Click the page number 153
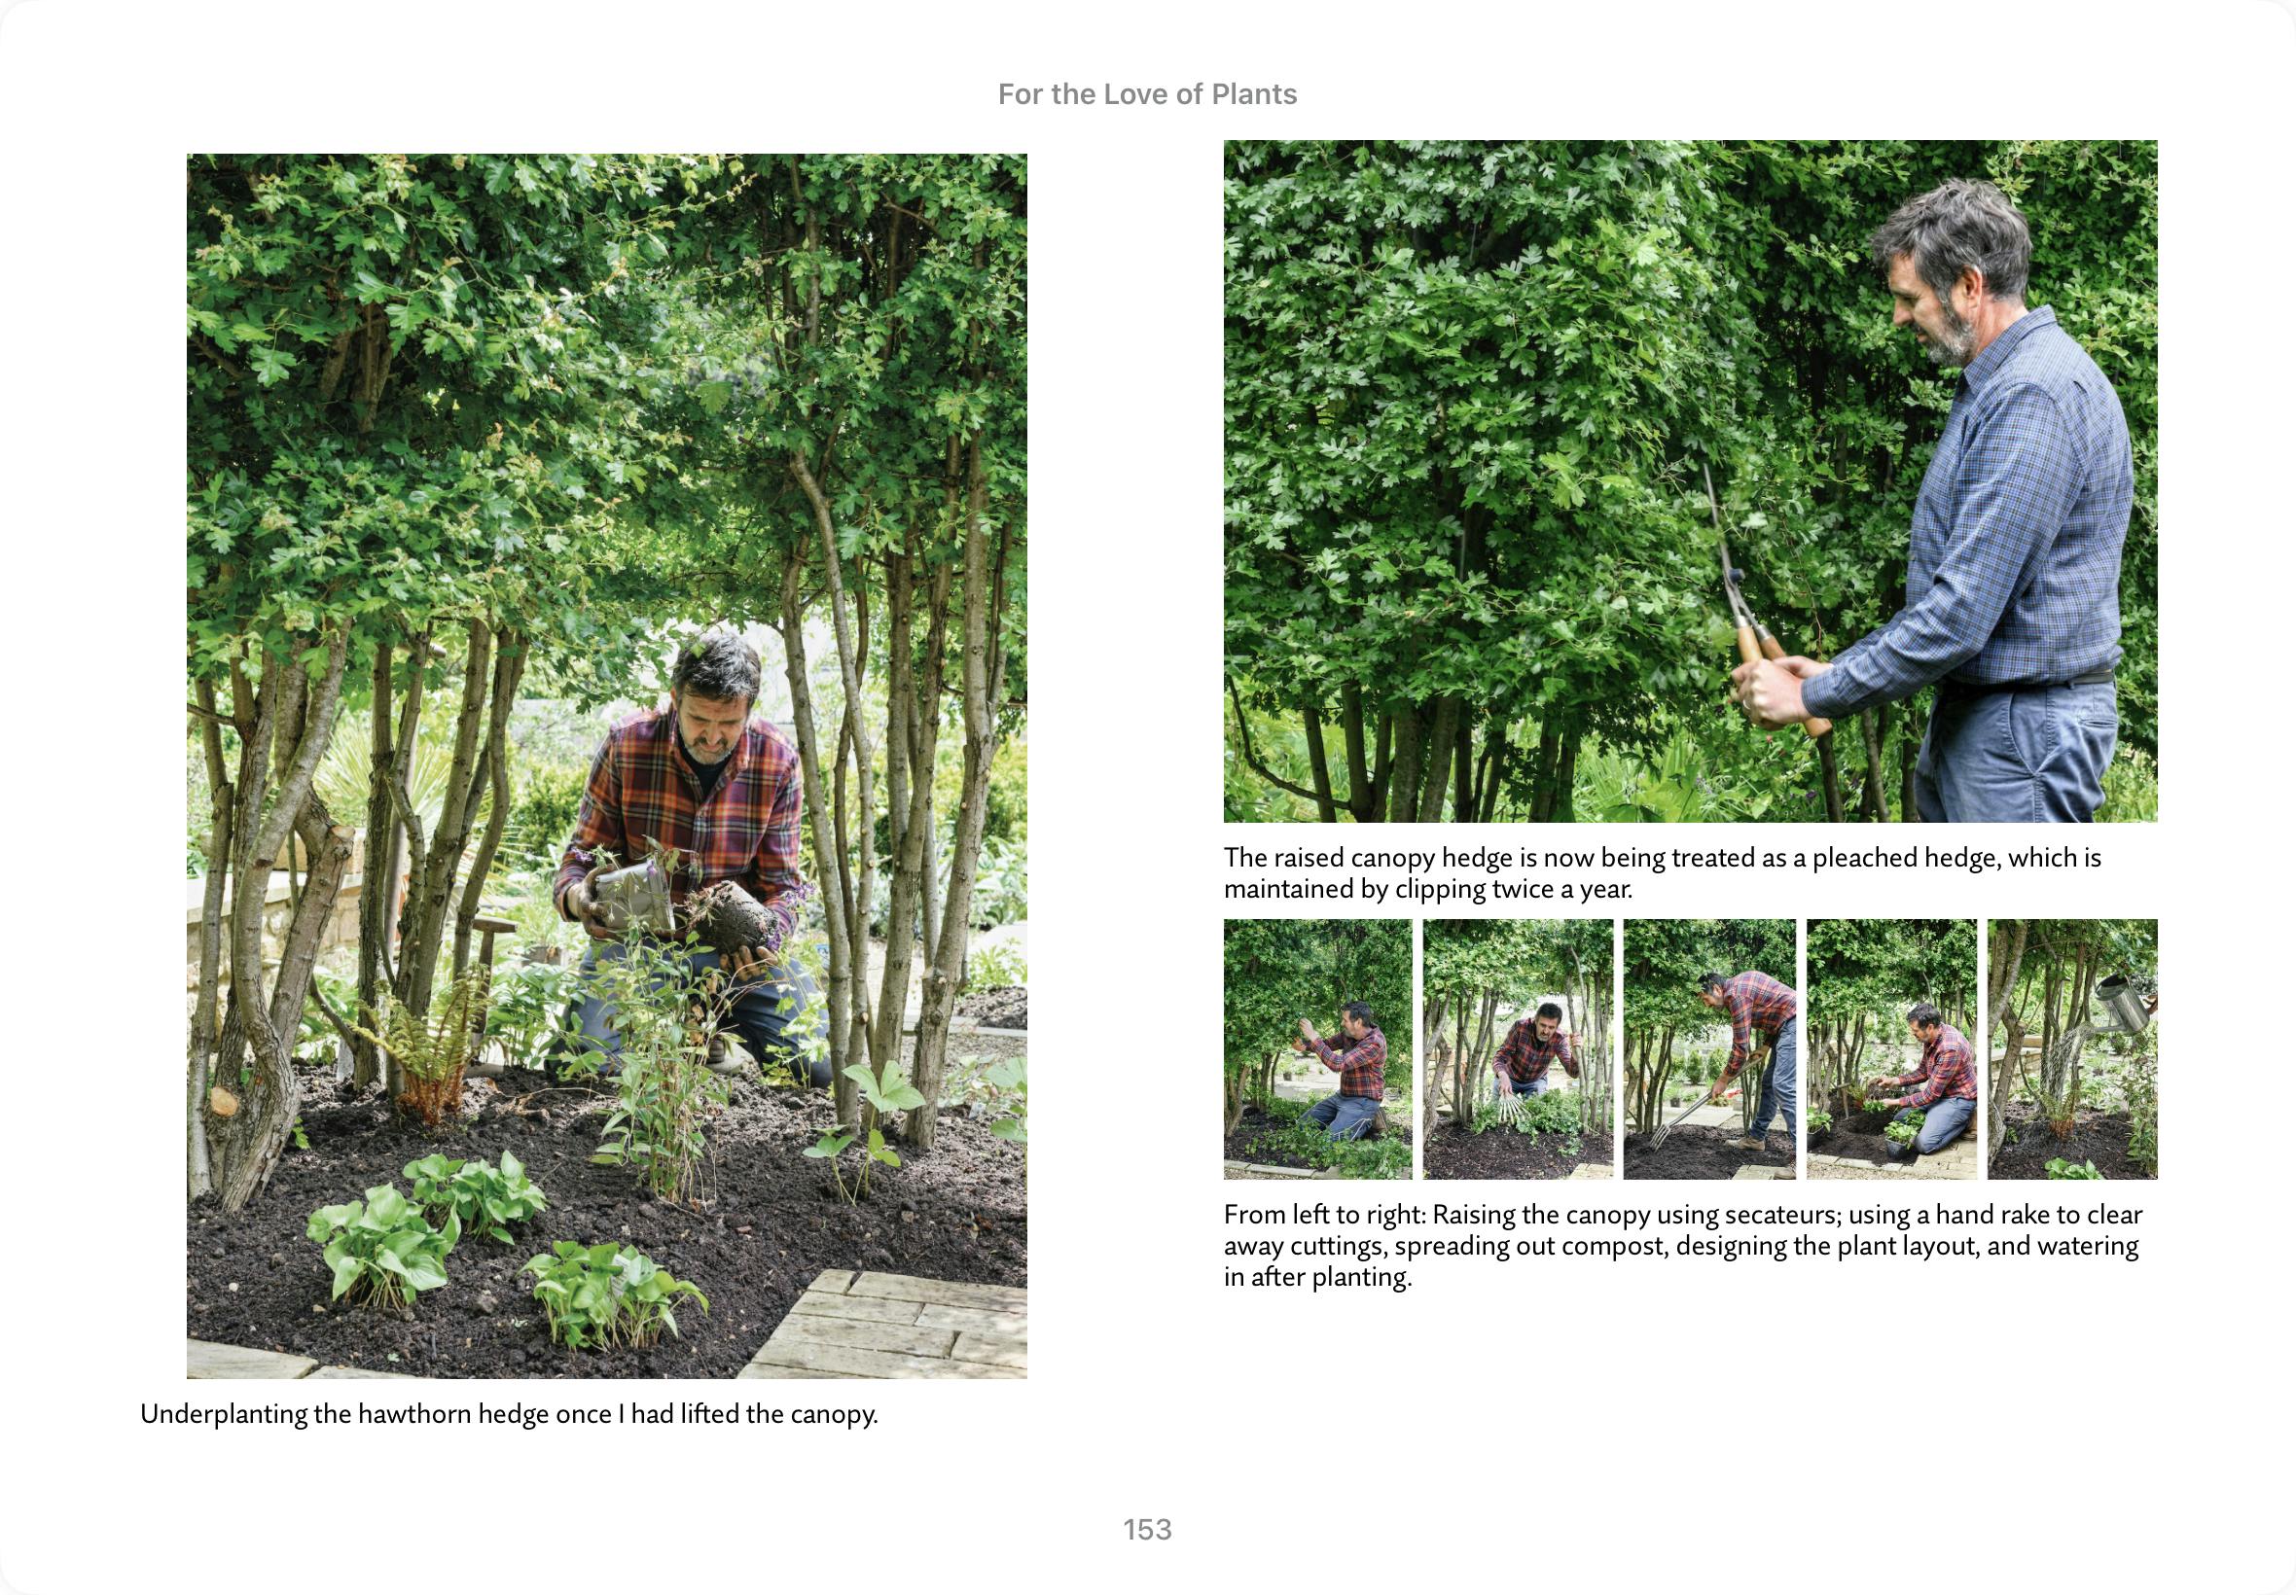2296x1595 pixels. tap(1147, 1529)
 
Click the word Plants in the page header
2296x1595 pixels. tap(1253, 94)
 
